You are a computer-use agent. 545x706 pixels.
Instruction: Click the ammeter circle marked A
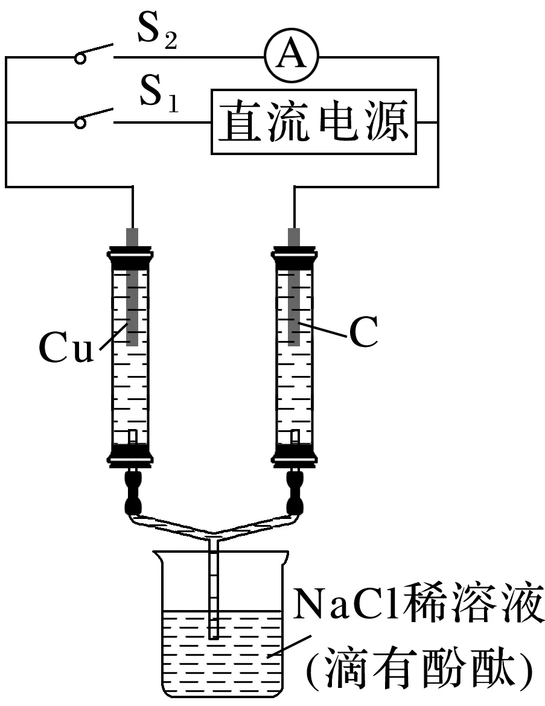tap(292, 57)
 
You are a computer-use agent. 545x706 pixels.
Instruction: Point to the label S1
tap(158, 99)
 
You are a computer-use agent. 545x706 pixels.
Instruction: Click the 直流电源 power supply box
tap(314, 122)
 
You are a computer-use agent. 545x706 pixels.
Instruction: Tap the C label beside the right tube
tap(363, 333)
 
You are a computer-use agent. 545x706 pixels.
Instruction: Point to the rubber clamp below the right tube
tap(295, 492)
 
